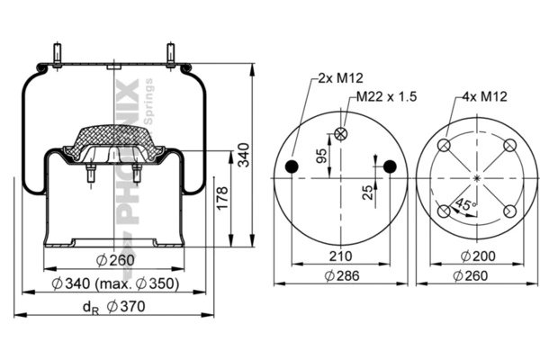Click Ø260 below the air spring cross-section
114,261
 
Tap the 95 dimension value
321,157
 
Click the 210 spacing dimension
340,256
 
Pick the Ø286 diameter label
340,275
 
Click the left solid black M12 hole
292,166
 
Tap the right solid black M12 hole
389,166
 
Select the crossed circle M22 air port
340,134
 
